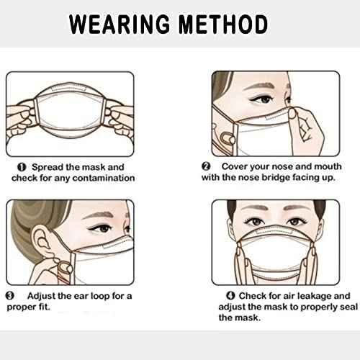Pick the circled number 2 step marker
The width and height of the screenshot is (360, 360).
[205, 166]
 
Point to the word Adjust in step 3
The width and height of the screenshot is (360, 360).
[45, 296]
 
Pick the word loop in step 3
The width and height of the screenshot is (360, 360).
[109, 296]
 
